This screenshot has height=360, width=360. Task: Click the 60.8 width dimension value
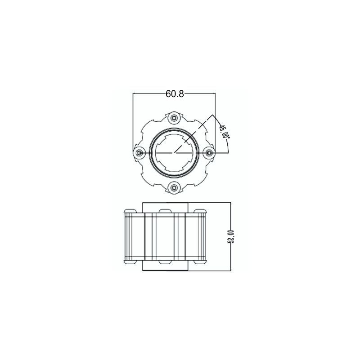click(x=175, y=93)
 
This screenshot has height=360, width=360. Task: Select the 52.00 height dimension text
click(x=231, y=236)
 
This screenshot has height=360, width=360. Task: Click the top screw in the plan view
click(x=175, y=118)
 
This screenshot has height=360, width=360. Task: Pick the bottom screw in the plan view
click(x=175, y=188)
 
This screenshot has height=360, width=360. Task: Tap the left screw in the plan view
click(x=139, y=153)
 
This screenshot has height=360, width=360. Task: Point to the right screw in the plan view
click(x=210, y=153)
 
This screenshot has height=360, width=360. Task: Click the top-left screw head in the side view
click(x=130, y=211)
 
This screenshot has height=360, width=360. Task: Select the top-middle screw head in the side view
click(x=165, y=211)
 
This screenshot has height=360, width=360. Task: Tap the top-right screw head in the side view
click(x=200, y=211)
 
